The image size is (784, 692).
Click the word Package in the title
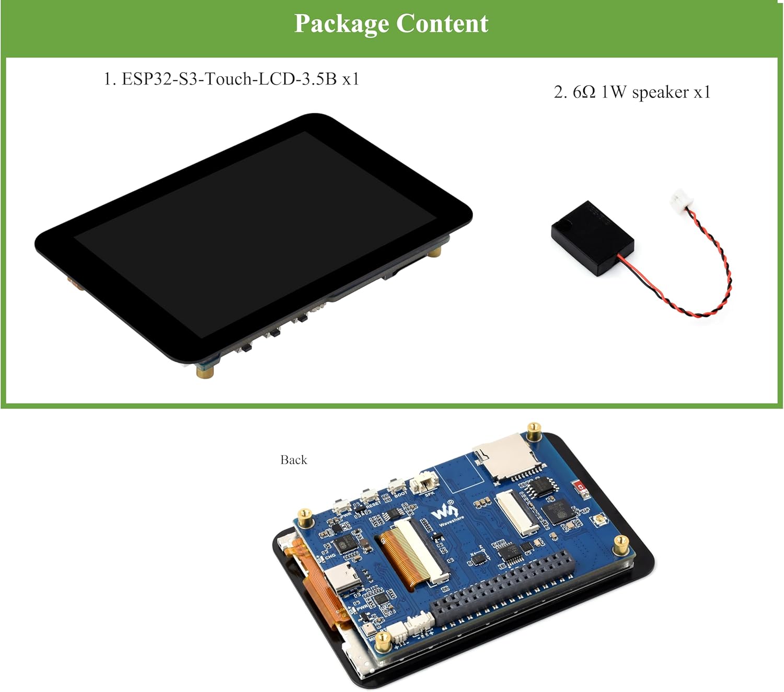pos(341,24)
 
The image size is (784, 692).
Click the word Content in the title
pos(442,24)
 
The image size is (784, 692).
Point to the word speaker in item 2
pos(660,93)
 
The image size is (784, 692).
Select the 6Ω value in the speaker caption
pos(584,93)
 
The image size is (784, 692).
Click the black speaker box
pos(592,238)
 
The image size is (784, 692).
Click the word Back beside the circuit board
pos(294,460)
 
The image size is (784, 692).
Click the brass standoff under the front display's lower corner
pos(204,371)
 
